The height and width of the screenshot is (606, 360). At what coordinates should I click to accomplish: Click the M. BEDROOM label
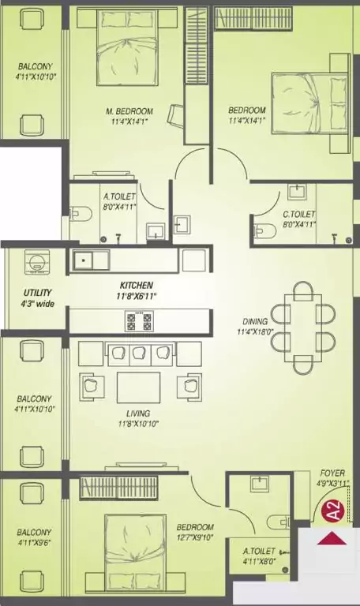click(x=129, y=111)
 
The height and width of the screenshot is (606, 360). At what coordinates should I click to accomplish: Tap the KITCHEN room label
click(x=136, y=285)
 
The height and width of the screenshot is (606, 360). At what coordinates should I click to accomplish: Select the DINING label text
click(x=255, y=321)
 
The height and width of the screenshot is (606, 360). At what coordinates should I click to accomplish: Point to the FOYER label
click(x=332, y=473)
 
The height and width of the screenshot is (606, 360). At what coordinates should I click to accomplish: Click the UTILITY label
click(x=38, y=293)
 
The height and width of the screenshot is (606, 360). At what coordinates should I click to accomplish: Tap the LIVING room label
click(x=138, y=413)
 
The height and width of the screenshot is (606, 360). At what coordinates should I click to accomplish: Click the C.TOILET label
click(x=299, y=214)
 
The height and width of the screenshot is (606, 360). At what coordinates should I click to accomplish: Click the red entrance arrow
click(x=332, y=538)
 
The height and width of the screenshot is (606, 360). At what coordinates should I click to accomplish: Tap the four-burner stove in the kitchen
click(x=138, y=321)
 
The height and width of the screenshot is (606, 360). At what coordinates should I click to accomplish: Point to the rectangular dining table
click(x=303, y=328)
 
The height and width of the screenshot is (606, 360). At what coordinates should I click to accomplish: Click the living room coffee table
click(x=138, y=387)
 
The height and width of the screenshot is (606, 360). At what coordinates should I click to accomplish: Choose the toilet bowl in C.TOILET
click(x=265, y=231)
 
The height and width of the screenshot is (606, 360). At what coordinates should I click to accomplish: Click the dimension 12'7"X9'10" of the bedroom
click(x=195, y=537)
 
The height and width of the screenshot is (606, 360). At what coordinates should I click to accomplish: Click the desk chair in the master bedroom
click(x=175, y=114)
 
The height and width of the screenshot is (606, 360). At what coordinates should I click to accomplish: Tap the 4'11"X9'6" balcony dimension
click(x=34, y=543)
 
